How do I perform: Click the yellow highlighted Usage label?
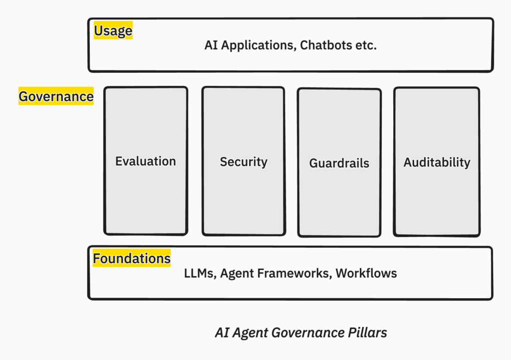pos(113,31)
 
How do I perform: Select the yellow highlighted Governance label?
pos(56,96)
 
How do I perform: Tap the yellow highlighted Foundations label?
pos(132,259)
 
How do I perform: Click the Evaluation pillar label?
pos(146,161)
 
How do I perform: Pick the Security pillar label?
pos(244,162)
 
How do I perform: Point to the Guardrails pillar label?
pos(339,163)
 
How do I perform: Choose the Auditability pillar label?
pos(437,163)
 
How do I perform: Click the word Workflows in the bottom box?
pos(366,273)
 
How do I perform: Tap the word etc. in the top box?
pos(366,45)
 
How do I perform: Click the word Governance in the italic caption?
pos(306,333)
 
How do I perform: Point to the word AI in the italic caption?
pos(222,333)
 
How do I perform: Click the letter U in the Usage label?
pos(98,31)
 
